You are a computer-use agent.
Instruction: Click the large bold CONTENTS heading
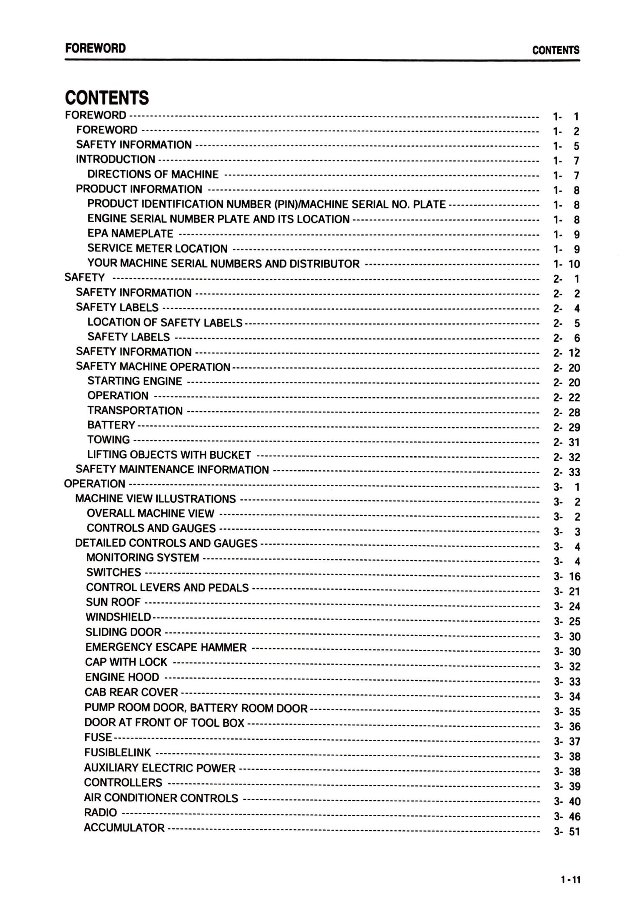[x=107, y=98]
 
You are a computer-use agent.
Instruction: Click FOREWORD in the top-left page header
[x=95, y=48]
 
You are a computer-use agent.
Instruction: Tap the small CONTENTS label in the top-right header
[x=555, y=50]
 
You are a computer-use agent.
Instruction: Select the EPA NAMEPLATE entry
[x=130, y=234]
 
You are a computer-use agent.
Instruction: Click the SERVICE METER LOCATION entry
[x=157, y=248]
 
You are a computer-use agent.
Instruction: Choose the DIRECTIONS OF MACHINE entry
[x=153, y=174]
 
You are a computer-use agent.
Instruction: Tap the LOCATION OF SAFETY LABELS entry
[x=165, y=322]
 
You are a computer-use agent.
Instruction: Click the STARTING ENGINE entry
[x=135, y=381]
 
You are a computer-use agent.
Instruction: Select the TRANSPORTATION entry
[x=135, y=411]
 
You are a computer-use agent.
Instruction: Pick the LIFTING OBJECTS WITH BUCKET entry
[x=169, y=455]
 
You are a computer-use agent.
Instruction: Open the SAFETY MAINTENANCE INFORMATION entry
[x=172, y=469]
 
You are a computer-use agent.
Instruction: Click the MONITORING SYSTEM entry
[x=143, y=558]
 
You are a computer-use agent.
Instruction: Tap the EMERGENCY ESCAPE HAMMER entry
[x=166, y=647]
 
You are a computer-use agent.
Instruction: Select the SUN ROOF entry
[x=113, y=602]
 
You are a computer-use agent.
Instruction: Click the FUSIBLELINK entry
[x=118, y=752]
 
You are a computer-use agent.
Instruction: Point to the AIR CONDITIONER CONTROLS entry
[x=161, y=798]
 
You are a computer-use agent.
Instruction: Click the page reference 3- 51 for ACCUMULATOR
[x=567, y=832]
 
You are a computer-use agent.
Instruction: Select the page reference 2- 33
[x=567, y=472]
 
